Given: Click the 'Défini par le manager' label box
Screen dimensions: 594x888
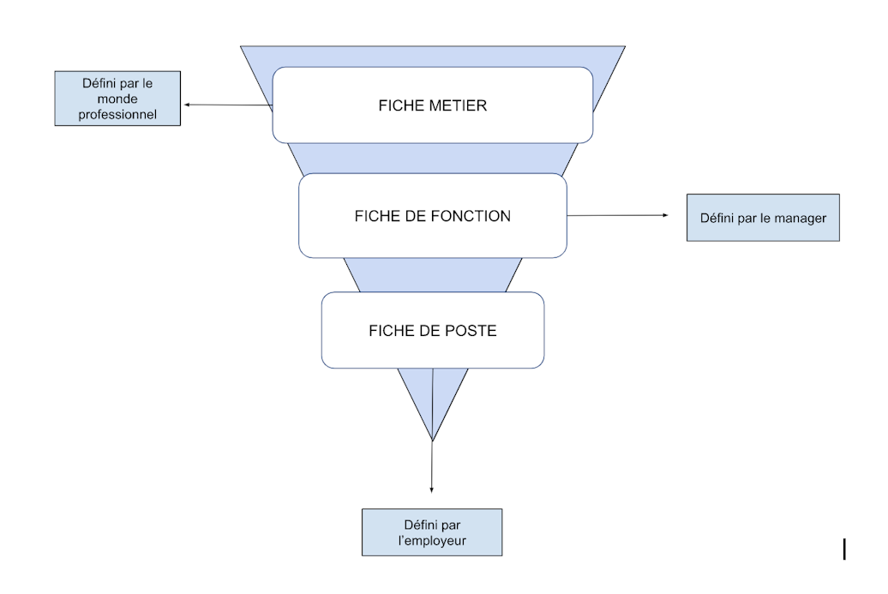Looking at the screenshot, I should pos(763,218).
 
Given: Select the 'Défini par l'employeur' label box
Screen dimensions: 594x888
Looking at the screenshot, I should pos(431,532).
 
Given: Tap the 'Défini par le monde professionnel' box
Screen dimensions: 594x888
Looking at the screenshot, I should pos(117,99).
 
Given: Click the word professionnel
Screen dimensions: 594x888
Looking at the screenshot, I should pos(117,114).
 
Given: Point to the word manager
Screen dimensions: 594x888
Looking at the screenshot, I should pos(800,218).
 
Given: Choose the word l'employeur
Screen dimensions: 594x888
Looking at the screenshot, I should pos(432,540).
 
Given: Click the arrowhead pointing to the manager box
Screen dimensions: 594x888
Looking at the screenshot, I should pos(663,215).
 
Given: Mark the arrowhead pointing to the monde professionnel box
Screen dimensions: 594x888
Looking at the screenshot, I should pos(187,105).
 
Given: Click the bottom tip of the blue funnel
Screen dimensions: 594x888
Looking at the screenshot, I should pos(433,441).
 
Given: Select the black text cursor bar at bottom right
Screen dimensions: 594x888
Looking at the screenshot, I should pos(844,549).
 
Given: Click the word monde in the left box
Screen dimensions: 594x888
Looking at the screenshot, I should pos(117,99).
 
